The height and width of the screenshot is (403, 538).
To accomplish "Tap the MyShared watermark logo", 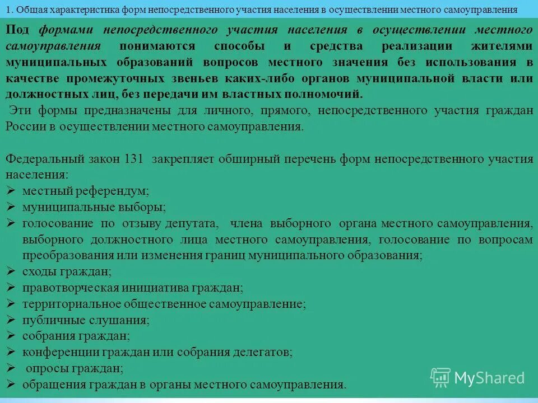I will click(477, 378).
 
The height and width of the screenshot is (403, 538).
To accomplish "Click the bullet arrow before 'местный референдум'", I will click(11, 191).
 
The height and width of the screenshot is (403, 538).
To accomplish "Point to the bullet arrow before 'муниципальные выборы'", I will click(11, 207).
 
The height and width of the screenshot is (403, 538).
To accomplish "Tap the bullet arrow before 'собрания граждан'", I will click(11, 336).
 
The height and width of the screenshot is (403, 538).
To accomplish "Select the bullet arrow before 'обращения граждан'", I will click(11, 385).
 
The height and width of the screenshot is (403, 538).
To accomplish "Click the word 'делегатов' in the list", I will click(262, 353).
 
